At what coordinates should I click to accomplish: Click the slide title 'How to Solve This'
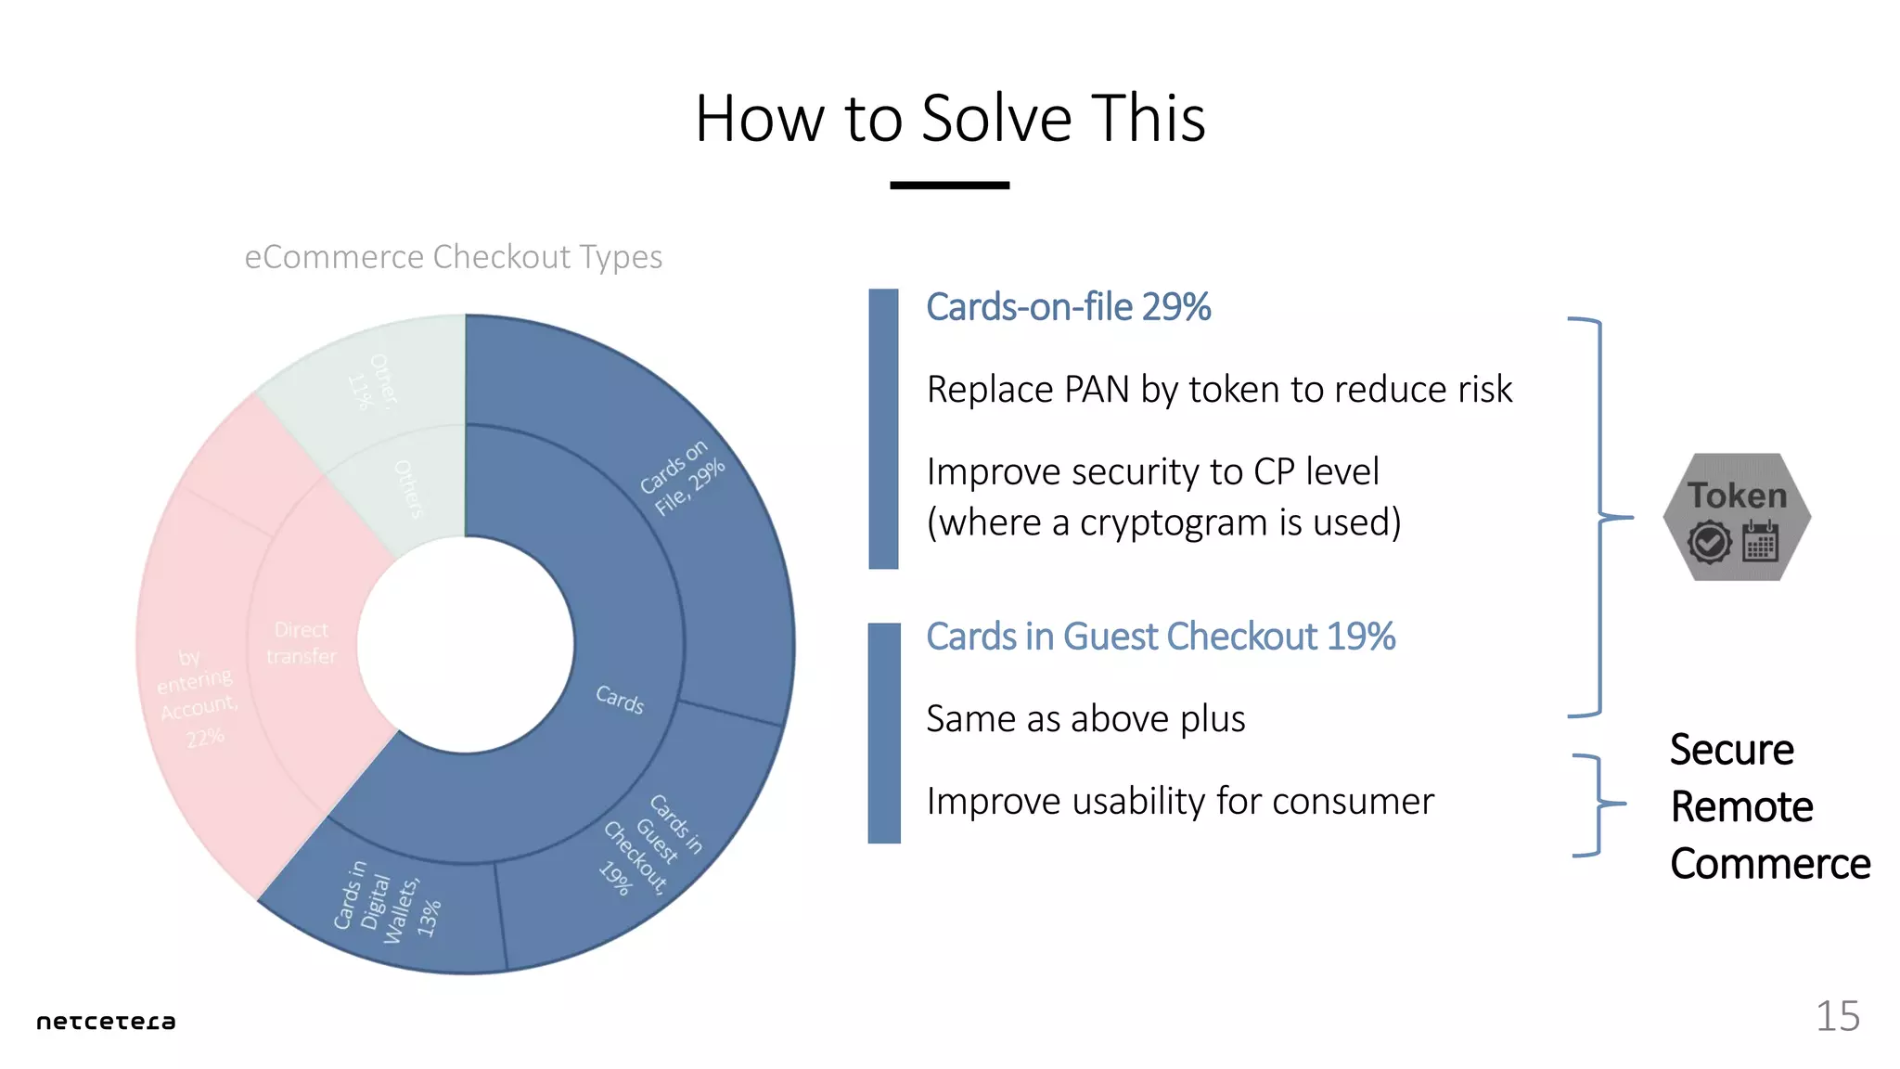click(949, 119)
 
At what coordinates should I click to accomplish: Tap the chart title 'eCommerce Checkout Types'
click(453, 257)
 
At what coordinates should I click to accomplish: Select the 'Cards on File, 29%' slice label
click(682, 478)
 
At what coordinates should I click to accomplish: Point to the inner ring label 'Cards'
click(619, 699)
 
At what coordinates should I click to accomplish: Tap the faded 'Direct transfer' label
click(301, 643)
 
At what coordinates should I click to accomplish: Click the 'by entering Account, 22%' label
click(197, 696)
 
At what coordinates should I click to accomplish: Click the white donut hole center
click(465, 644)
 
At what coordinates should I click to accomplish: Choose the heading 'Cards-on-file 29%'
click(1068, 307)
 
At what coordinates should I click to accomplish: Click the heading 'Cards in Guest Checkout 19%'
click(1160, 637)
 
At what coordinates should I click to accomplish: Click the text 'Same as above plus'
click(1085, 719)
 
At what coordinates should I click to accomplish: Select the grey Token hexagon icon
click(1736, 516)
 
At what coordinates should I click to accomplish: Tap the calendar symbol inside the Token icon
click(1759, 542)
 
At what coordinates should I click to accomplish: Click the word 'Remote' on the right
click(1741, 806)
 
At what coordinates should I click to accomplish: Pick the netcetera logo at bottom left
click(106, 1022)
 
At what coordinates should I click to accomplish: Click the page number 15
click(1837, 1016)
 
